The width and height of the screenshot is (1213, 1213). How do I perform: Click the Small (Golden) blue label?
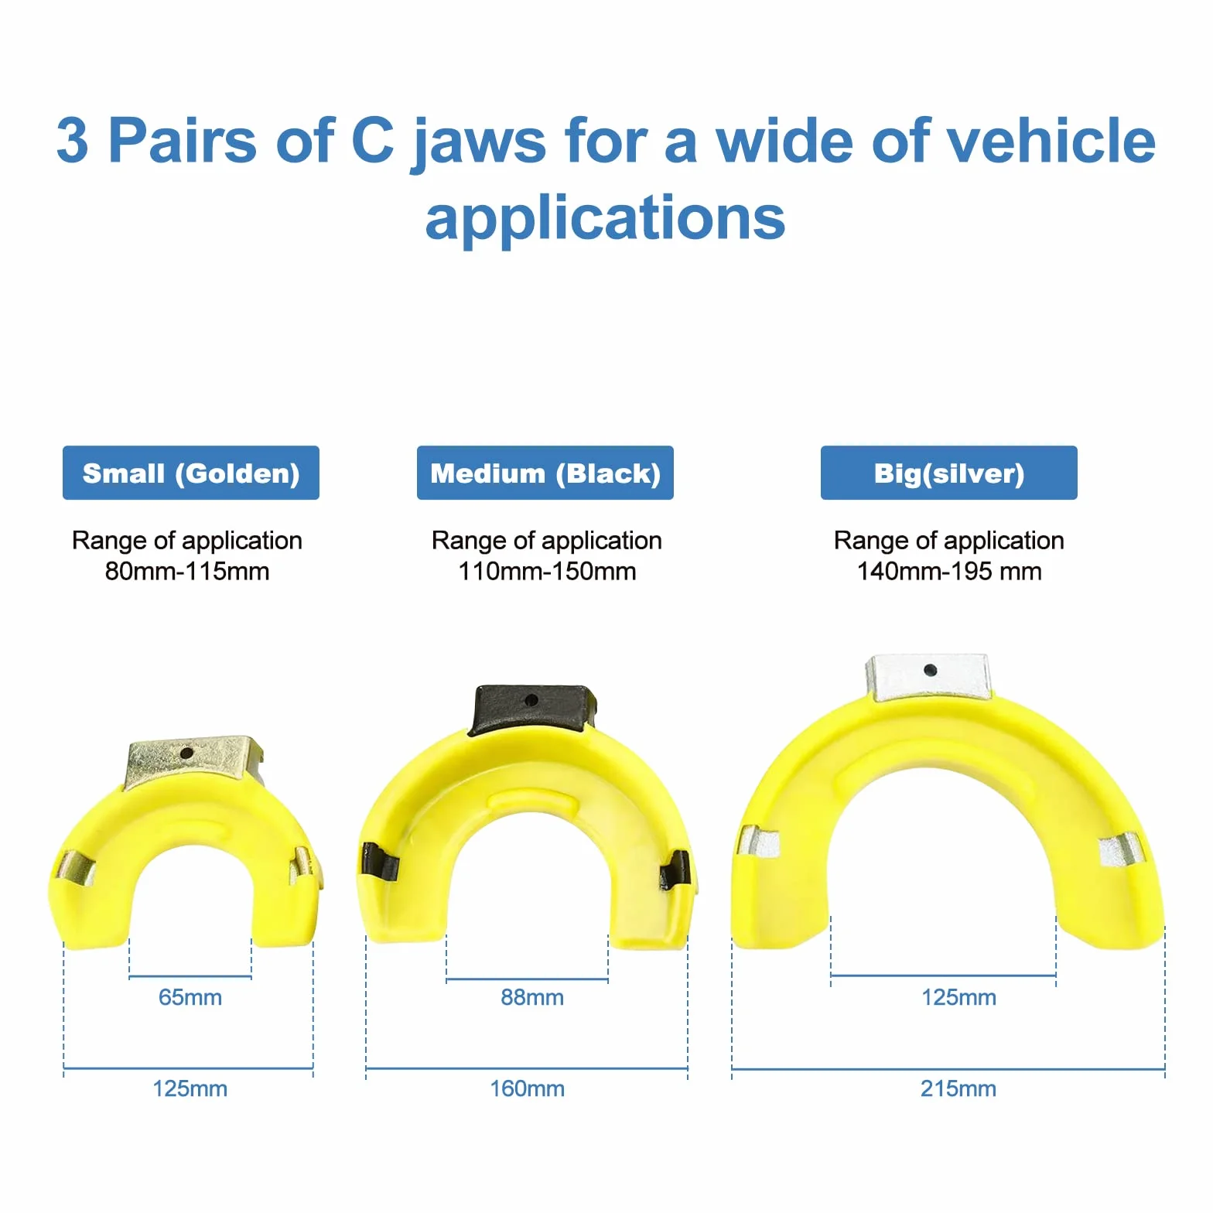(x=190, y=473)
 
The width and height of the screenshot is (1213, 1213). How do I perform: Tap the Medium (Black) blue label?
(x=545, y=473)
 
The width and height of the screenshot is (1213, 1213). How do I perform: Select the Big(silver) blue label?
(x=949, y=473)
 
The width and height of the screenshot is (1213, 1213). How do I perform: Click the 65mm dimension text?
(x=190, y=997)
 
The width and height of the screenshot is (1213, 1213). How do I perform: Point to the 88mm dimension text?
(x=532, y=997)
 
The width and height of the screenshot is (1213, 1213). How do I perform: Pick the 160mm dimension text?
(x=528, y=1088)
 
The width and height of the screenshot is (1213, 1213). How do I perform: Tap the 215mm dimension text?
(x=958, y=1088)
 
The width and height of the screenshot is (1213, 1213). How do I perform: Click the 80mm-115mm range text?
(x=187, y=572)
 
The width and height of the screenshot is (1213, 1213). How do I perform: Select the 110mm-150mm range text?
(x=547, y=572)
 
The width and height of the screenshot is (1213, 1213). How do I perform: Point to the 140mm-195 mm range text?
(x=949, y=572)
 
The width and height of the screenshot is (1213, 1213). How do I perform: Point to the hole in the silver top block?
(x=931, y=670)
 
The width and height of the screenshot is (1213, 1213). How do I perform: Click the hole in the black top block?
(x=531, y=700)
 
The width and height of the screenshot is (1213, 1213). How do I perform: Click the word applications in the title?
(x=606, y=219)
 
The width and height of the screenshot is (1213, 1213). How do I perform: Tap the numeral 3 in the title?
(x=72, y=141)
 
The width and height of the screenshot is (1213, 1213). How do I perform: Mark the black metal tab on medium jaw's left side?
(x=378, y=862)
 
